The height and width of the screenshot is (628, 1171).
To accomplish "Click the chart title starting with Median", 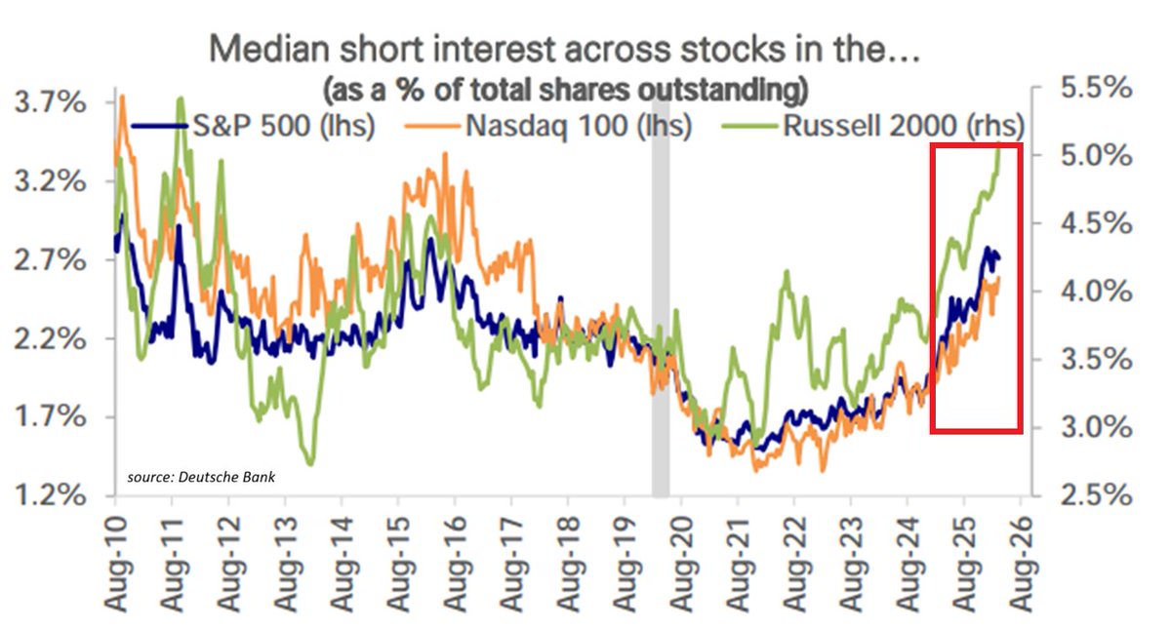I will (563, 48).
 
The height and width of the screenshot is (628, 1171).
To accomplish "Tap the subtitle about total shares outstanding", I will (565, 90).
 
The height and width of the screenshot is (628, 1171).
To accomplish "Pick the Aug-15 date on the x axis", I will (398, 566).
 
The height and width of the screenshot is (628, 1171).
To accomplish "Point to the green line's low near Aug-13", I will (310, 463).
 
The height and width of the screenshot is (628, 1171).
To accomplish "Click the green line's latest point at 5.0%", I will (999, 145).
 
